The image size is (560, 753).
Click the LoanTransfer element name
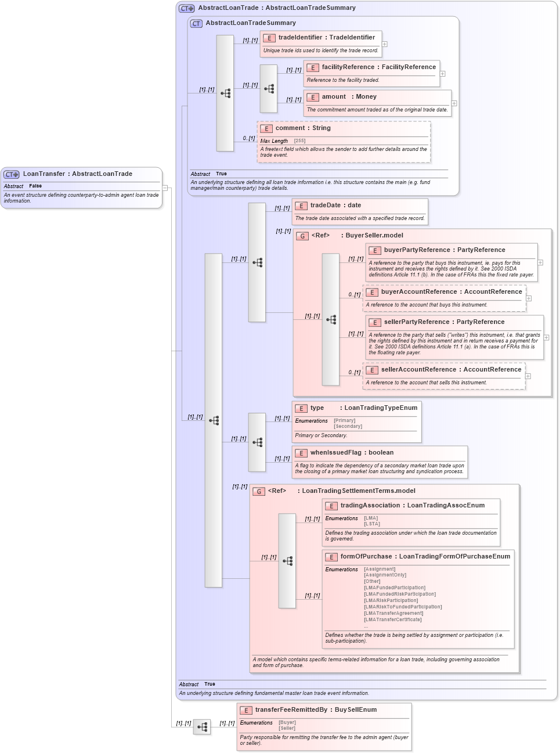[x=44, y=174]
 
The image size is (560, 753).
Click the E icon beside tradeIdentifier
[x=269, y=38]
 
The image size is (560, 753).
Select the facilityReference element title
[x=349, y=67]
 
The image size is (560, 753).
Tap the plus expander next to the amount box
[x=454, y=103]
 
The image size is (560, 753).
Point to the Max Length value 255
[x=299, y=141]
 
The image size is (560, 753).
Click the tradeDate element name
[x=325, y=206]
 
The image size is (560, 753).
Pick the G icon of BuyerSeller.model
[x=302, y=236]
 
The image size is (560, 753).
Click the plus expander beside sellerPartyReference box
[x=546, y=337]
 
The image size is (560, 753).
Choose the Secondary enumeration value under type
[x=348, y=426]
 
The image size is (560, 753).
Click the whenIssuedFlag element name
[x=335, y=453]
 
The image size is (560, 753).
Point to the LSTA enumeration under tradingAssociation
[x=372, y=524]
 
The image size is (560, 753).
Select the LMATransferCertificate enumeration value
[x=392, y=619]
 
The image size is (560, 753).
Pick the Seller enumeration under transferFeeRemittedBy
[x=287, y=728]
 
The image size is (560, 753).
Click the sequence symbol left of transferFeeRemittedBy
[x=202, y=727]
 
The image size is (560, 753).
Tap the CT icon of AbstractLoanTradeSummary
[x=196, y=24]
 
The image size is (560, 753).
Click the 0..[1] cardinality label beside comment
[x=249, y=138]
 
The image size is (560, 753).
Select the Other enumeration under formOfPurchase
[x=372, y=581]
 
